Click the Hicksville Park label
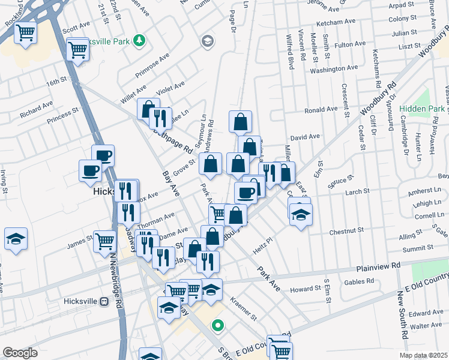[x=113, y=42]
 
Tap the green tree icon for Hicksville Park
[x=140, y=40]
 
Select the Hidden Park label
[x=423, y=109]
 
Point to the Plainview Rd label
[x=379, y=266]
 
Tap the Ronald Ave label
[x=321, y=110]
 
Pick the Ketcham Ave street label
[x=334, y=22]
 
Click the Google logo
[x=20, y=353]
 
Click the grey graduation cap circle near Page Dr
[x=208, y=41]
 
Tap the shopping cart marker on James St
[x=105, y=241]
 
